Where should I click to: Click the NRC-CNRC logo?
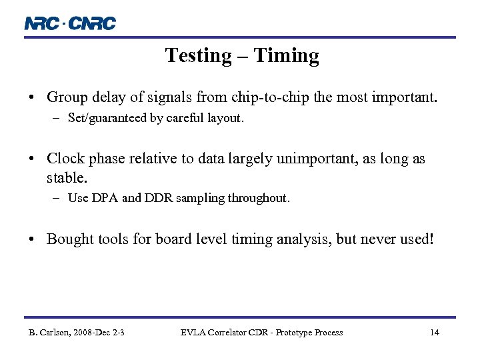[x=70, y=23]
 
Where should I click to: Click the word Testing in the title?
[x=198, y=55]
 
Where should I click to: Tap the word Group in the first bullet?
[x=65, y=98]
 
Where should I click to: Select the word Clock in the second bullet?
[x=65, y=159]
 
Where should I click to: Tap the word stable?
[x=67, y=178]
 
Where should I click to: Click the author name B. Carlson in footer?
[x=52, y=332]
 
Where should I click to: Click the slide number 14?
[x=434, y=332]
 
